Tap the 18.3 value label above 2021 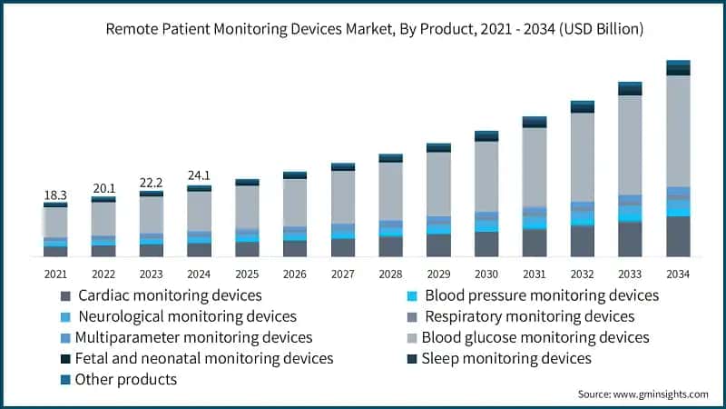(x=55, y=195)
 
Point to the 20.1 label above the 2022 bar (x=103, y=188)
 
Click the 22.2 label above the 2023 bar (x=151, y=183)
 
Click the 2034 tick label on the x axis (x=678, y=274)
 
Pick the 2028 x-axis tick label (x=390, y=274)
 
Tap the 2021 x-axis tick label (x=55, y=274)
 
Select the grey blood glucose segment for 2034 (x=678, y=131)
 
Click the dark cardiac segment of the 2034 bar (x=678, y=236)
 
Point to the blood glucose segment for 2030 (x=486, y=176)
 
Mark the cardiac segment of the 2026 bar (x=294, y=248)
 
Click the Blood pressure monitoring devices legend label (x=542, y=295)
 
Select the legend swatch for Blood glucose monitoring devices (x=412, y=338)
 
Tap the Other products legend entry (x=126, y=380)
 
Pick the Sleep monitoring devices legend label (x=508, y=359)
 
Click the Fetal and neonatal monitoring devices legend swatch (x=64, y=359)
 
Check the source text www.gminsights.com (x=643, y=394)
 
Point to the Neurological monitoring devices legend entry (x=187, y=316)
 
